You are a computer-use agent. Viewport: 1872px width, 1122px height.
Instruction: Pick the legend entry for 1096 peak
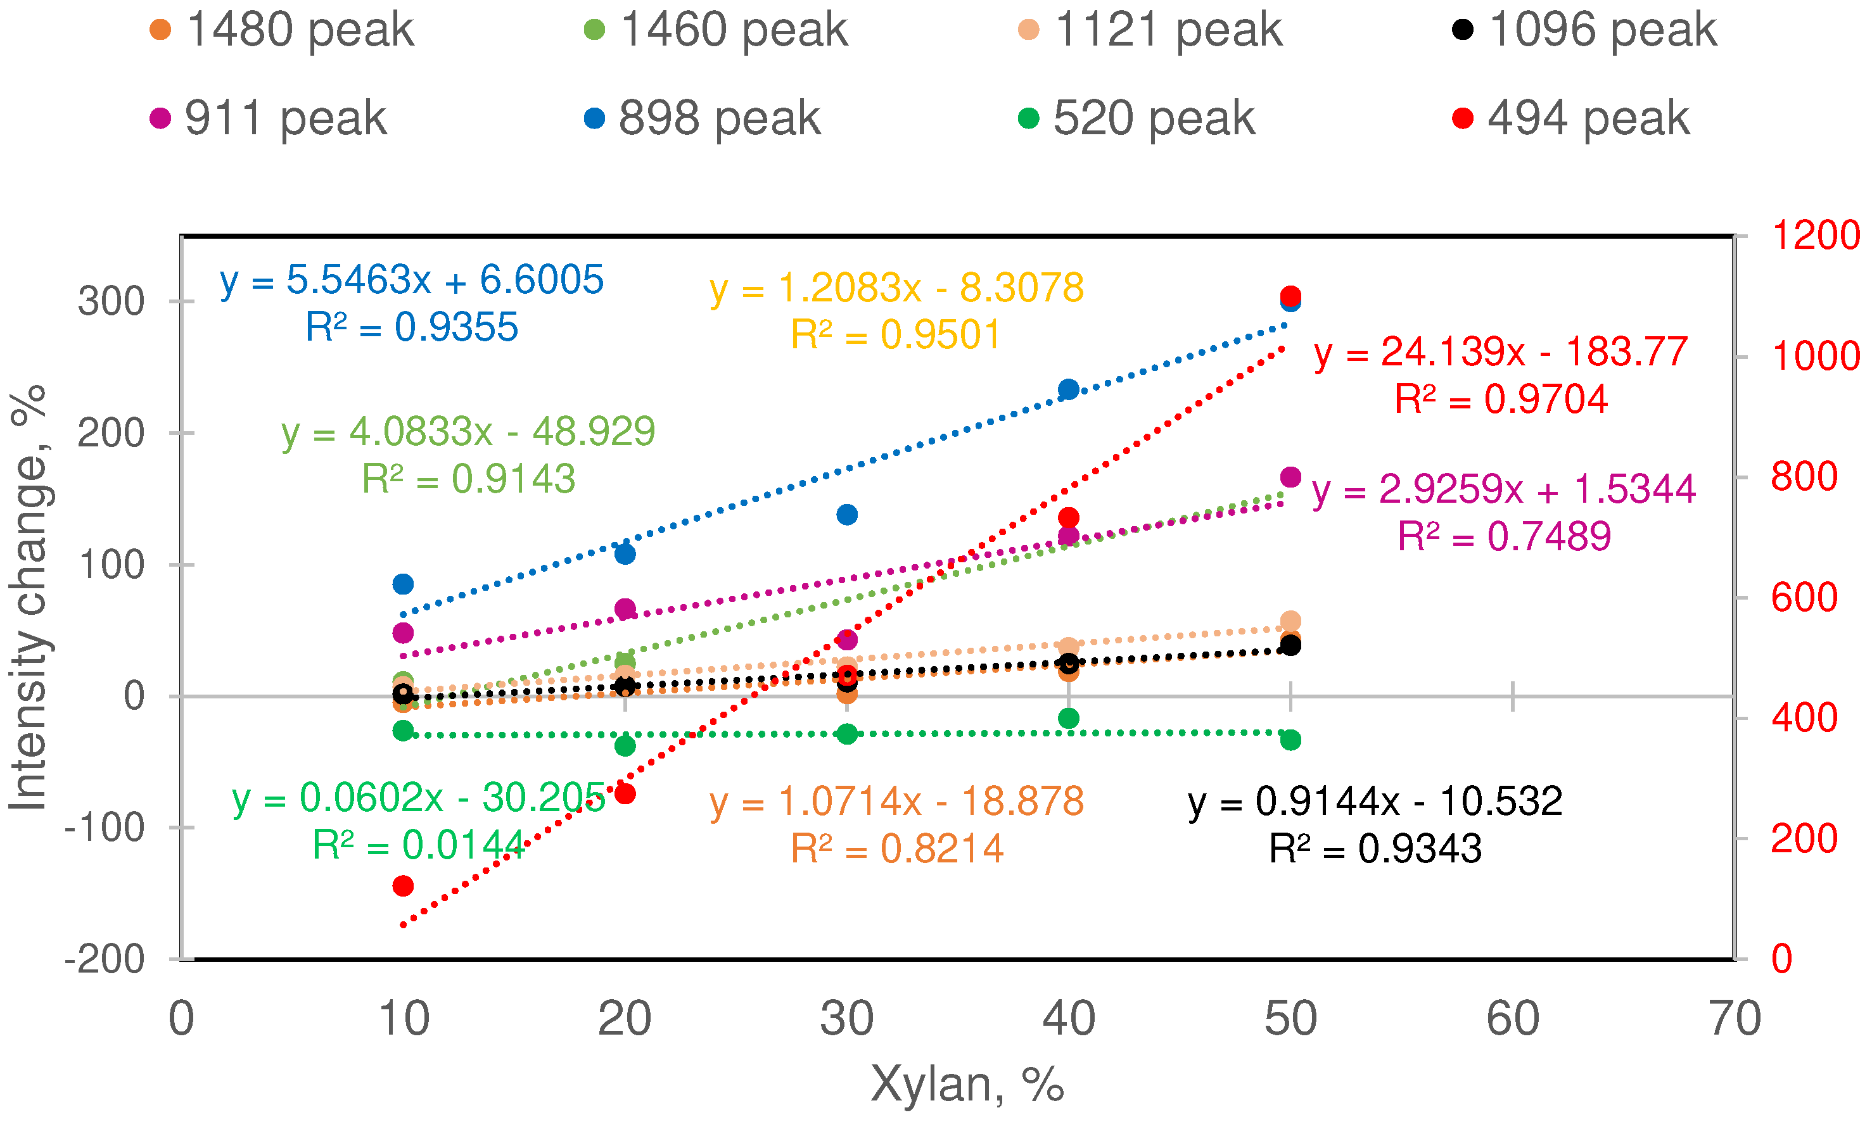(1584, 30)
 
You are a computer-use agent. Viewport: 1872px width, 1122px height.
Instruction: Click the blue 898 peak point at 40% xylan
(1068, 390)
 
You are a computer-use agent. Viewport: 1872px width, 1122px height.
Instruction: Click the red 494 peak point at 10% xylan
(403, 885)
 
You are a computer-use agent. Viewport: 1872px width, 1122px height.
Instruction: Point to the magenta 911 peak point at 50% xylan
(1290, 477)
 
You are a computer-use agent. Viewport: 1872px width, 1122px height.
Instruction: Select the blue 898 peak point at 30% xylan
(846, 515)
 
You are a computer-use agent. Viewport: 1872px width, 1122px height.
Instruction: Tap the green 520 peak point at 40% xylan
(1068, 718)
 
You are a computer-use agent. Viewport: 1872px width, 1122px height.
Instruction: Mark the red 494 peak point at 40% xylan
(1068, 518)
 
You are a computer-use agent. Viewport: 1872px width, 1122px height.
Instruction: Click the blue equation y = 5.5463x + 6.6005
(412, 280)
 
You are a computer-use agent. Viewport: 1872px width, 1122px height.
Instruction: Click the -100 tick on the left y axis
(105, 829)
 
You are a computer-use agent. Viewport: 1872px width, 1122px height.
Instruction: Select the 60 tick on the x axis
(1512, 1019)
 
